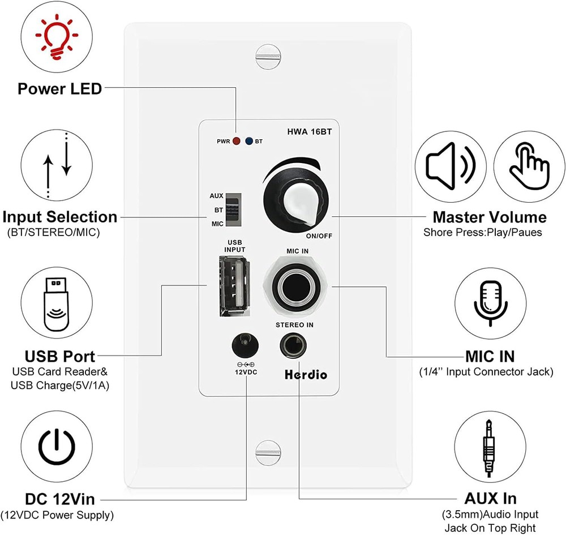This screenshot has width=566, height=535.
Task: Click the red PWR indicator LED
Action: click(236, 141)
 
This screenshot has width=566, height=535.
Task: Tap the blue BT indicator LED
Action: click(248, 141)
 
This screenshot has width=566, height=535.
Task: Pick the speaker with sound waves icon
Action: click(450, 166)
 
